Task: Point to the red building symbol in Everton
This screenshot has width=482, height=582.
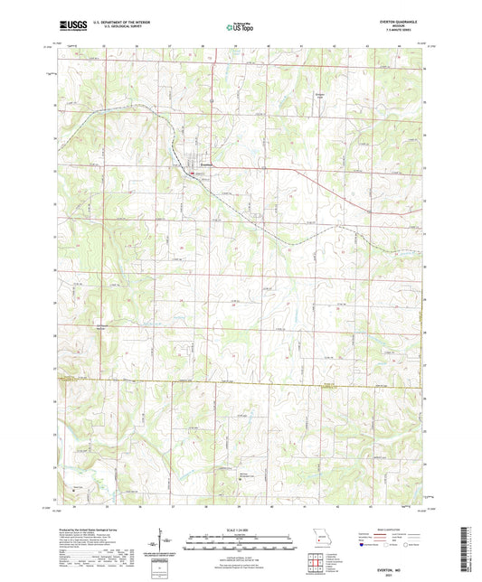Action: tap(192, 172)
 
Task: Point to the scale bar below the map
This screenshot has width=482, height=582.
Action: tap(240, 544)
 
